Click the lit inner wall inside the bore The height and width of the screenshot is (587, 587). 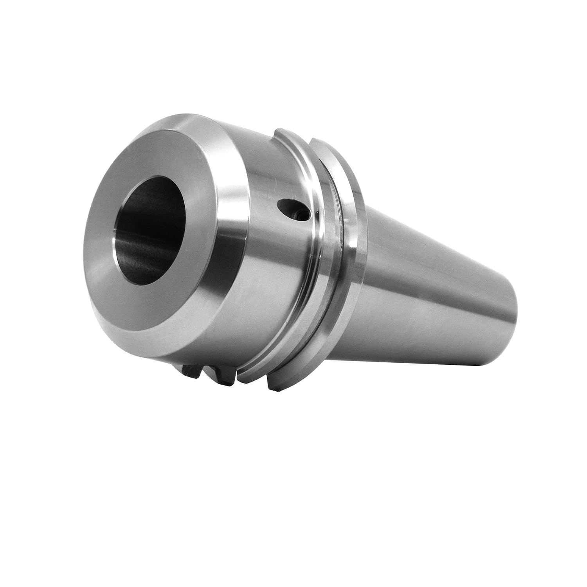tap(129, 247)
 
